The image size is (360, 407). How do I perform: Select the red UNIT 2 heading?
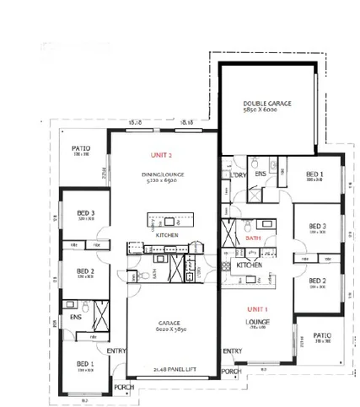pyautogui.click(x=161, y=156)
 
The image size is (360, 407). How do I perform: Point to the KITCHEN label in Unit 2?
pyautogui.click(x=167, y=235)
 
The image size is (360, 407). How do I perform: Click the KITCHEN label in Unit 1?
pyautogui.click(x=249, y=265)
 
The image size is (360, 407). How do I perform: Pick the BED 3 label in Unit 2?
pyautogui.click(x=85, y=213)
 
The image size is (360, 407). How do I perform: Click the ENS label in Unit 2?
pyautogui.click(x=75, y=318)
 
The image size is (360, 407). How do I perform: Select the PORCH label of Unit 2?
pyautogui.click(x=124, y=388)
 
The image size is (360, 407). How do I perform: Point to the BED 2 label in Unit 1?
pyautogui.click(x=317, y=281)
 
